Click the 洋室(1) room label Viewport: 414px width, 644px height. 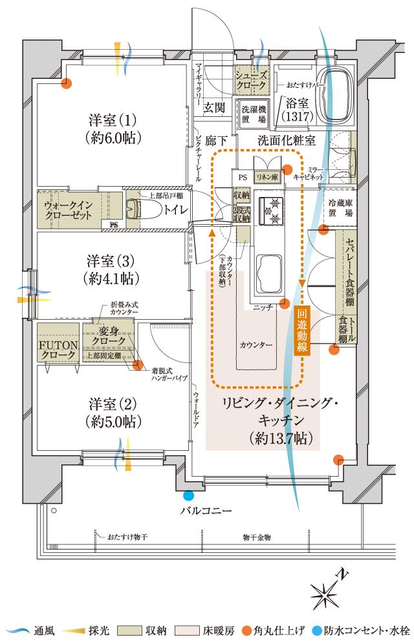pos(113,129)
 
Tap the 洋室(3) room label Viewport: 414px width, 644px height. pos(113,269)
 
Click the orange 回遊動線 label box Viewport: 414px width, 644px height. pos(303,330)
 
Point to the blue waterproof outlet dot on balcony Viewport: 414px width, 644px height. pos(188,496)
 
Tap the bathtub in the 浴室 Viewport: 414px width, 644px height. pos(340,94)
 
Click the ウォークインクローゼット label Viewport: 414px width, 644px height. pos(69,209)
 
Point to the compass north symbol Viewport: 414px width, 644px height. pos(327,588)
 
